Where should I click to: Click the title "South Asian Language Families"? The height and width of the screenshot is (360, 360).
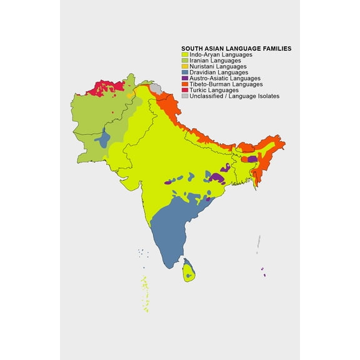(236, 48)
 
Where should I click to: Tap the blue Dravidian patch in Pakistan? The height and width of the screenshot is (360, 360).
(104, 139)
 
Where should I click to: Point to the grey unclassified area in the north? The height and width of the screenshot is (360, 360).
(157, 89)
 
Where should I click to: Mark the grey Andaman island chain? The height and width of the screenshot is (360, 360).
(257, 244)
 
